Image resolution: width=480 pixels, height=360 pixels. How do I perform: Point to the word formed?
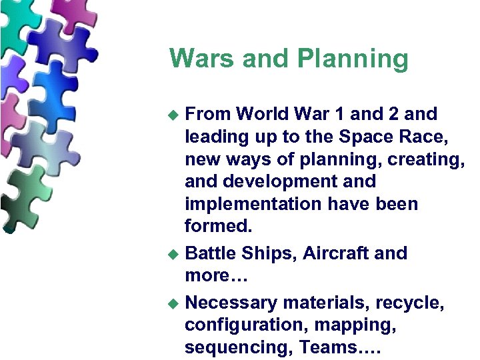(x=219, y=227)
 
